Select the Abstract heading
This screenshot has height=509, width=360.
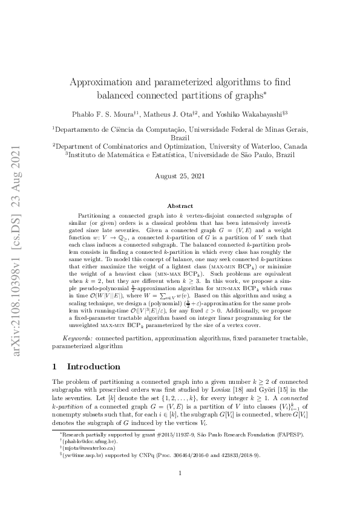pos(180,206)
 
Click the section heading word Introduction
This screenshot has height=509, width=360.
pos(93,366)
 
